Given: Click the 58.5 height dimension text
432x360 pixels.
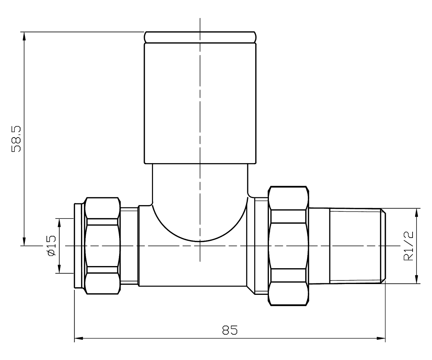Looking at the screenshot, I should [17, 139].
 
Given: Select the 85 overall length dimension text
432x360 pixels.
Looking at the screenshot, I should [230, 330].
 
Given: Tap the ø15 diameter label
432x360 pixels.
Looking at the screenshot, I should [51, 246].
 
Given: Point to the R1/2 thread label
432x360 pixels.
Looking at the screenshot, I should [408, 246].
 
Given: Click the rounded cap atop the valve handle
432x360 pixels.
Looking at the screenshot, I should [200, 37].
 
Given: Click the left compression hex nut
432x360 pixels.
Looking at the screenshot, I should [103, 246].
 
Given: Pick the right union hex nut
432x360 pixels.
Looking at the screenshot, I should [289, 246].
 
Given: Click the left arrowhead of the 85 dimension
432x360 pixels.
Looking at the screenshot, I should [79, 338].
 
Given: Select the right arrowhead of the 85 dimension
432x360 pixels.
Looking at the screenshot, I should [381, 338].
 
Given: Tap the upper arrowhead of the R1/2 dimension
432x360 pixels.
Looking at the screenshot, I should [417, 213].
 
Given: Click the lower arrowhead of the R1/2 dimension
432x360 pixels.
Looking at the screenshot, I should [417, 279].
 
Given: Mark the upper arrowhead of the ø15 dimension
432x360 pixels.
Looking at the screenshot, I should [60, 222].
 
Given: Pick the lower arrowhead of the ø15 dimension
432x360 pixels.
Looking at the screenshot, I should [60, 269].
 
